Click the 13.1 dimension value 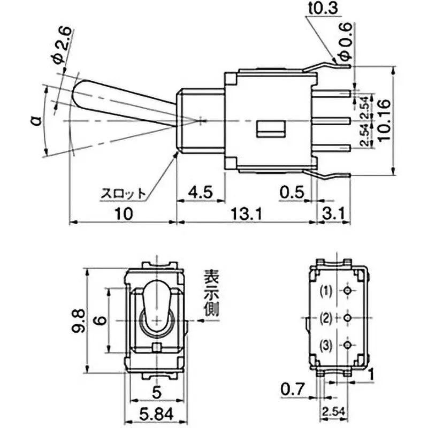pyautogui.click(x=247, y=214)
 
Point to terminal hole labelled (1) pyautogui.click(x=348, y=291)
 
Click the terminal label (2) pyautogui.click(x=326, y=318)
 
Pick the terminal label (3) pyautogui.click(x=326, y=345)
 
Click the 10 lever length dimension pyautogui.click(x=123, y=214)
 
